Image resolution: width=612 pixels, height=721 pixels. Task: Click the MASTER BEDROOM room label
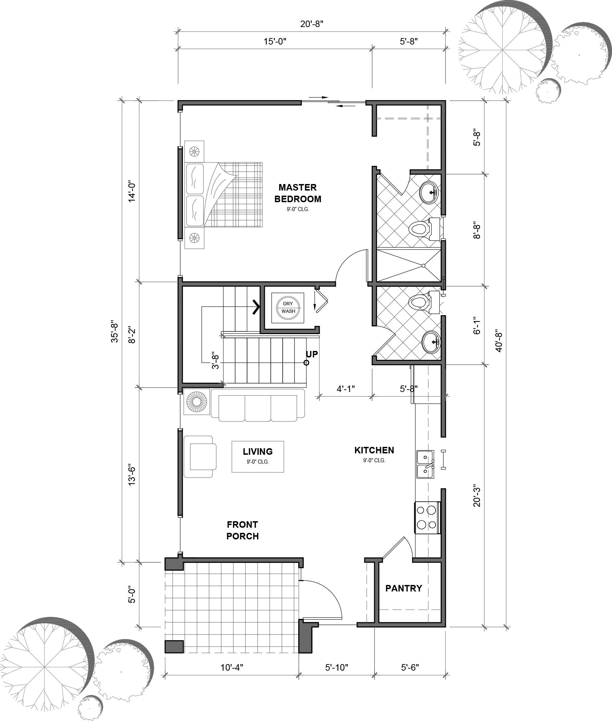point(298,193)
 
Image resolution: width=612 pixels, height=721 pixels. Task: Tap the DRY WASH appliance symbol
point(288,307)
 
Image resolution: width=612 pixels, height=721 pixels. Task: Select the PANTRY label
point(404,588)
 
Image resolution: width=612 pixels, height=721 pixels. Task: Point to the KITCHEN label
point(374,450)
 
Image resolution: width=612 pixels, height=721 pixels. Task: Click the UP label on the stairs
point(311,354)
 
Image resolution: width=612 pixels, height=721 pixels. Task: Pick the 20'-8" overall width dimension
point(312,24)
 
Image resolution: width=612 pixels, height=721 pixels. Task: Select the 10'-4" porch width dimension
point(232,667)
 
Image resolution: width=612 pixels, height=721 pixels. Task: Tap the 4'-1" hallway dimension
point(345,389)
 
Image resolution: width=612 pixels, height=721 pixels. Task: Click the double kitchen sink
point(425,464)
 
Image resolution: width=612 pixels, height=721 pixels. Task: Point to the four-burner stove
point(427,517)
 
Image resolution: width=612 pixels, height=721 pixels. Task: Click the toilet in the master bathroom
point(419,229)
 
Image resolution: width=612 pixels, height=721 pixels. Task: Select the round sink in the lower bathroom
point(430,342)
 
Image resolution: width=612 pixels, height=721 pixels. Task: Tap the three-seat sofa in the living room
point(258,405)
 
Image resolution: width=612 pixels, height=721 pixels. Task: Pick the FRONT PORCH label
point(243,530)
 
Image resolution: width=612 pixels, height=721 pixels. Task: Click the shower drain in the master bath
point(423,266)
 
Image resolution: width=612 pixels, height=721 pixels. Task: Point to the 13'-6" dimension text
point(132,474)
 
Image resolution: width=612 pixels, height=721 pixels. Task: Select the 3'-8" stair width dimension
point(216,361)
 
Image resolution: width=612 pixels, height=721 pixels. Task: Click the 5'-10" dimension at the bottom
point(336,667)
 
